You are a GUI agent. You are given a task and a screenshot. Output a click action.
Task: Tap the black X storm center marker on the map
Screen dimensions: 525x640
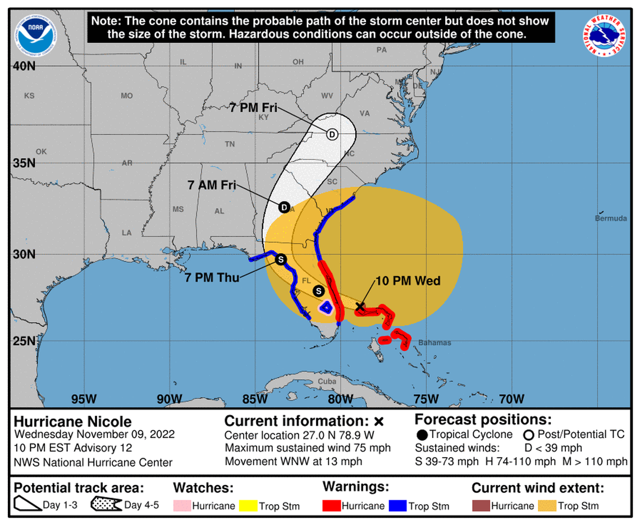tap(360, 307)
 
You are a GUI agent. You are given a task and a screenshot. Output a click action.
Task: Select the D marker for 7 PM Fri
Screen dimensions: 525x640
tap(332, 134)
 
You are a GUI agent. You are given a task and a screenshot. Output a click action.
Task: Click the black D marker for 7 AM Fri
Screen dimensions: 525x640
tap(284, 208)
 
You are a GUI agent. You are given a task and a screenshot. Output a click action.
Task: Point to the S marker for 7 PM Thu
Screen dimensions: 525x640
tap(281, 259)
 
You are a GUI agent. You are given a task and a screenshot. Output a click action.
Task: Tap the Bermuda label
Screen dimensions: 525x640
tap(611, 218)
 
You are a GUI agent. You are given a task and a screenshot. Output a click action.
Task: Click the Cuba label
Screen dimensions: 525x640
tap(327, 381)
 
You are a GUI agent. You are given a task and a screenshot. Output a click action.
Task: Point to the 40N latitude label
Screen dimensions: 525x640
tap(24, 66)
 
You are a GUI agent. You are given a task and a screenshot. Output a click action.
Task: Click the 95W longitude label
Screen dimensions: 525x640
tap(84, 399)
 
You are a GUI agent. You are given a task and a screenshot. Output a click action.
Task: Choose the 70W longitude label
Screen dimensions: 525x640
tap(511, 399)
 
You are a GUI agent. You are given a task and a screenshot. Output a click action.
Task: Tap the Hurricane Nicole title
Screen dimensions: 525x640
tap(72, 422)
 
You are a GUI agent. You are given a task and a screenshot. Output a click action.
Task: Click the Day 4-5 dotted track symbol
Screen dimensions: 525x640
tap(107, 505)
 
